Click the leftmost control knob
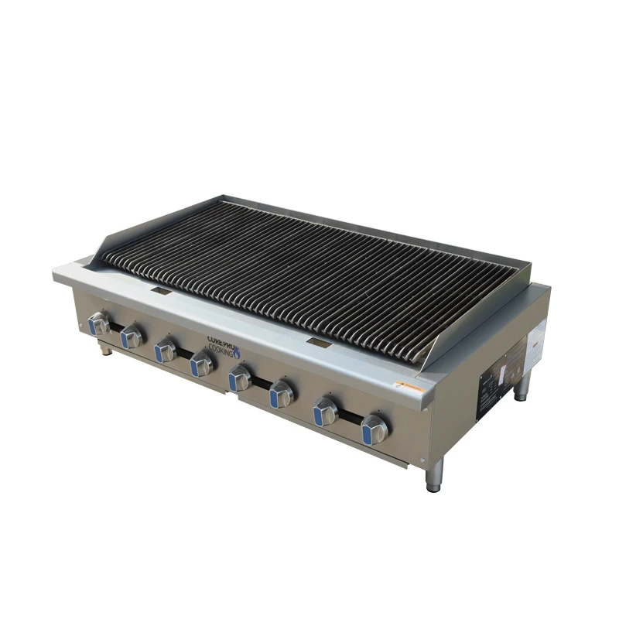click(98, 323)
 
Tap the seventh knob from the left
click(326, 412)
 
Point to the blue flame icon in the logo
click(237, 351)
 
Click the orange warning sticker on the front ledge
click(409, 385)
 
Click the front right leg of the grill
click(434, 476)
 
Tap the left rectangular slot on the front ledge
click(161, 291)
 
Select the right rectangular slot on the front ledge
click(318, 341)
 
